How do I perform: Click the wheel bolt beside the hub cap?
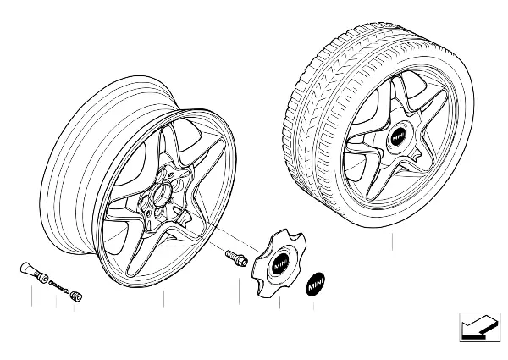pos(236,258)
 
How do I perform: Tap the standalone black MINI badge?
pos(316,284)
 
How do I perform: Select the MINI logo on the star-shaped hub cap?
pos(279,265)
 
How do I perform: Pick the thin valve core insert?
pos(58,286)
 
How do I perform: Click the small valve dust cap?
pos(76,296)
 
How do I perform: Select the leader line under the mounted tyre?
pos(392,241)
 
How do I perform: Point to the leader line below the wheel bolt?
pos(240,291)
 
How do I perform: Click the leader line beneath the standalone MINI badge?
pos(313,305)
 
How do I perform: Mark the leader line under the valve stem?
pos(32,296)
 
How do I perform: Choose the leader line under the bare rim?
pos(164,299)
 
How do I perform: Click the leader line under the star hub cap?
pos(279,302)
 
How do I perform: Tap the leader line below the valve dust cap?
pos(75,307)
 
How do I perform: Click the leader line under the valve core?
pos(56,302)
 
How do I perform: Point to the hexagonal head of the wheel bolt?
pos(242,261)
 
